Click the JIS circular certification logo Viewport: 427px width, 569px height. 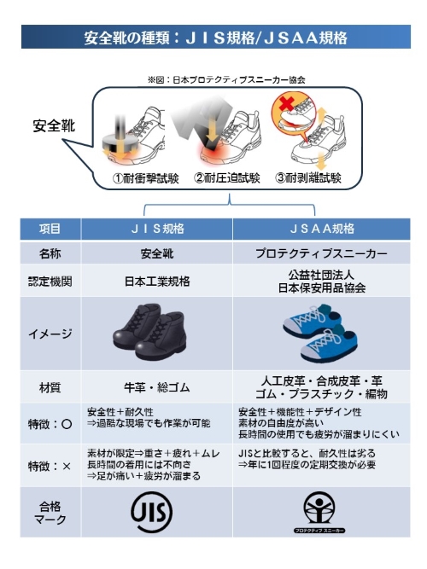pyautogui.click(x=151, y=512)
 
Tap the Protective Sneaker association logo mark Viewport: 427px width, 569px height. pyautogui.click(x=319, y=512)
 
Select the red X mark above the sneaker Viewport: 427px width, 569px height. pyautogui.click(x=287, y=103)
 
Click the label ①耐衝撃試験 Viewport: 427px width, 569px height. pyautogui.click(x=146, y=178)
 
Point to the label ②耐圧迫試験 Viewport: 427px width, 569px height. pyautogui.click(x=227, y=177)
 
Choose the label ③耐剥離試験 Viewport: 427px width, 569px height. pyautogui.click(x=308, y=177)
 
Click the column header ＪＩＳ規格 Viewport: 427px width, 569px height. pyautogui.click(x=157, y=229)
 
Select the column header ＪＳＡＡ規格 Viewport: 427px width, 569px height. pyautogui.click(x=322, y=229)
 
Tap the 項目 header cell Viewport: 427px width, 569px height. pyautogui.click(x=50, y=229)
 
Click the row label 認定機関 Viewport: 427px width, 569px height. pyautogui.click(x=50, y=282)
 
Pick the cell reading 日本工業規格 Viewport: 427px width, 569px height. pyautogui.click(x=157, y=282)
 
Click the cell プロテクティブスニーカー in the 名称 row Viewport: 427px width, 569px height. pyautogui.click(x=321, y=253)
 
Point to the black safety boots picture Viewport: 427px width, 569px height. pyautogui.click(x=149, y=332)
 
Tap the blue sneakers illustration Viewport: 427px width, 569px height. pyautogui.click(x=320, y=334)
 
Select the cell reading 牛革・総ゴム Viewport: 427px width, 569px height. pyautogui.click(x=157, y=387)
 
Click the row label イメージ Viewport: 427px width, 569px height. pyautogui.click(x=50, y=334)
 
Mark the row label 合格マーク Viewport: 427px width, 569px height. pyautogui.click(x=50, y=513)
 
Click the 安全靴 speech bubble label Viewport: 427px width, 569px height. pyautogui.click(x=54, y=125)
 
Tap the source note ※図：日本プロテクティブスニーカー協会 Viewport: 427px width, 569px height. pyautogui.click(x=226, y=80)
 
